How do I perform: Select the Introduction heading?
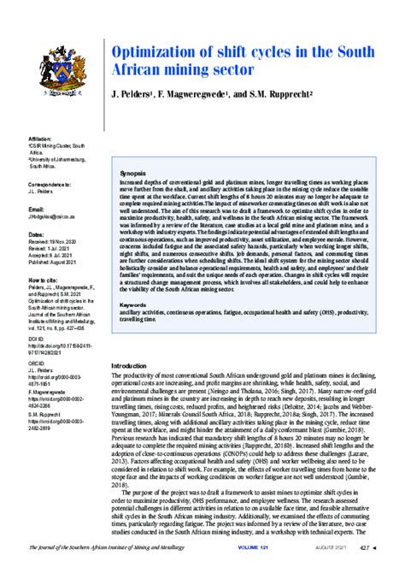(135, 365)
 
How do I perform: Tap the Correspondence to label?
(52, 184)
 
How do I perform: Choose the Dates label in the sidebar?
(37, 233)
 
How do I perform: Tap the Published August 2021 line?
(58, 263)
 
